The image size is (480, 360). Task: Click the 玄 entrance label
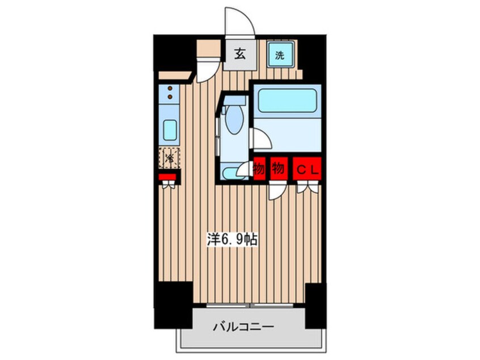(x=239, y=55)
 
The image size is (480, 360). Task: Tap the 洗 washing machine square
(x=280, y=55)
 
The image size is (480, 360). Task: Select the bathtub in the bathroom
(x=287, y=101)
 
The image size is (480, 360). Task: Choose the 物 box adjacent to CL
(x=278, y=169)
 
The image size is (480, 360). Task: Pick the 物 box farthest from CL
(x=260, y=169)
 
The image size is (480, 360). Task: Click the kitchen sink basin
(x=170, y=130)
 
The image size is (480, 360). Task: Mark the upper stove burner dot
(x=169, y=88)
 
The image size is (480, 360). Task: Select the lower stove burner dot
(x=169, y=97)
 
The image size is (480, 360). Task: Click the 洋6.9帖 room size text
(x=231, y=240)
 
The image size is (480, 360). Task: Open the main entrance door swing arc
(x=238, y=22)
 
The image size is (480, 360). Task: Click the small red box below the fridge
(x=168, y=177)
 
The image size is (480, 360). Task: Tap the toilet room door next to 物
(x=246, y=169)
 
